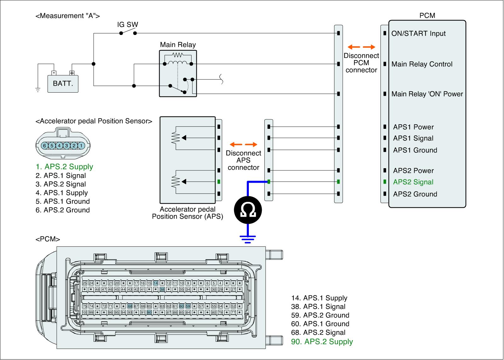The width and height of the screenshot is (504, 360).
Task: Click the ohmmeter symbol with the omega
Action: (x=248, y=210)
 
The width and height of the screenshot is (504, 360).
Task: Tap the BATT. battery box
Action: (x=63, y=84)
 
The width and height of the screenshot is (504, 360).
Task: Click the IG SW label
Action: (x=128, y=25)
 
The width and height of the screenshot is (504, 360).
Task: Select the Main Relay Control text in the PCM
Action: (x=422, y=64)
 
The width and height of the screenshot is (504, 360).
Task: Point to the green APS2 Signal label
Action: (x=413, y=182)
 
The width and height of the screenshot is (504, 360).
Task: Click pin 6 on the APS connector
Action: (x=44, y=146)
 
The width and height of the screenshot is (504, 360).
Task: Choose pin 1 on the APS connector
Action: (x=81, y=146)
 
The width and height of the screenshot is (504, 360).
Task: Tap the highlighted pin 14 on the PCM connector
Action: (x=156, y=283)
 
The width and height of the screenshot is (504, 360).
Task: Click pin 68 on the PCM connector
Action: (x=130, y=306)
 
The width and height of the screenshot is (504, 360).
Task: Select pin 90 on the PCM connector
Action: (x=149, y=312)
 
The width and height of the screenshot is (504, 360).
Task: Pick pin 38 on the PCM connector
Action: (x=162, y=289)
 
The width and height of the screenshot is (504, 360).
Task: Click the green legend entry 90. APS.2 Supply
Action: (x=322, y=341)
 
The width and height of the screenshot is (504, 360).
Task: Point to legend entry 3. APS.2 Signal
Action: (x=61, y=184)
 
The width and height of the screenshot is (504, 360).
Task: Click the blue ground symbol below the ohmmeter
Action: (x=248, y=239)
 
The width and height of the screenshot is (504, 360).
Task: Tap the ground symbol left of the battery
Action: (x=38, y=90)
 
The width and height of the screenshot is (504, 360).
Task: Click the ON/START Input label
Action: (x=419, y=33)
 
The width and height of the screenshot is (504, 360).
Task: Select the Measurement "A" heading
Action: (x=68, y=16)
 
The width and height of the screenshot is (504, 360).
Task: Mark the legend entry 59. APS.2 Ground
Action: (x=320, y=315)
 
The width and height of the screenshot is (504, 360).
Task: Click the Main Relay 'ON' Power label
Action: (x=427, y=94)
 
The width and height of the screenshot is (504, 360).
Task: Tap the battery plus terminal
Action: (x=72, y=73)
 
